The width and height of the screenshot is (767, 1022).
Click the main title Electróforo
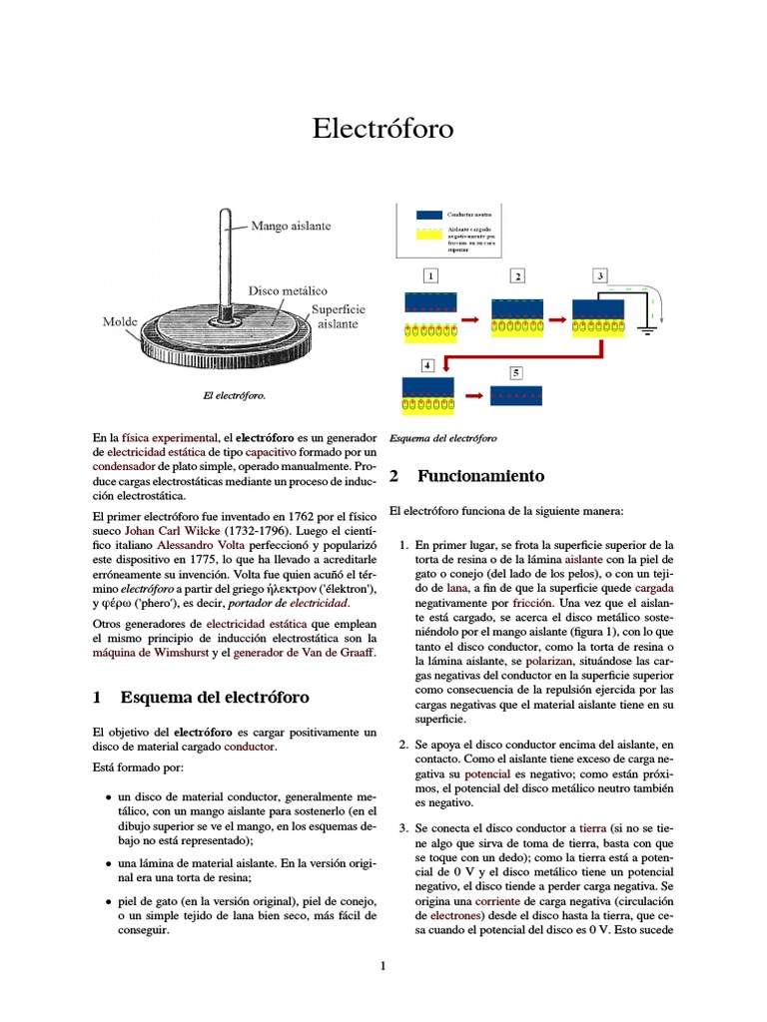pyautogui.click(x=383, y=129)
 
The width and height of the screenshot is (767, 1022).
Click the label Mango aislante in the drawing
pyautogui.click(x=291, y=227)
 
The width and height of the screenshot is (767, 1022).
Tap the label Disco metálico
pyautogui.click(x=288, y=290)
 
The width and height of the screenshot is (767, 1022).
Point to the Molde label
pyautogui.click(x=120, y=322)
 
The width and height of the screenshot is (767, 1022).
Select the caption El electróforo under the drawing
pyautogui.click(x=234, y=396)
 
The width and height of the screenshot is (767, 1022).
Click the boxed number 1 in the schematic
pyautogui.click(x=430, y=274)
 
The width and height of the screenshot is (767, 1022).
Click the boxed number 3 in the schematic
pyautogui.click(x=599, y=274)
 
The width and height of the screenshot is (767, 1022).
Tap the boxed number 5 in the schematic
pyautogui.click(x=516, y=372)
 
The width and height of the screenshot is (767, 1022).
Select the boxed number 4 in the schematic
pyautogui.click(x=427, y=365)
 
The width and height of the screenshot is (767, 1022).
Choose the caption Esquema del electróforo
pyautogui.click(x=443, y=438)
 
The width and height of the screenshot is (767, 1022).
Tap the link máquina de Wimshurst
pyautogui.click(x=149, y=653)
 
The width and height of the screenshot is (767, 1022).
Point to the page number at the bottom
pyautogui.click(x=383, y=965)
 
